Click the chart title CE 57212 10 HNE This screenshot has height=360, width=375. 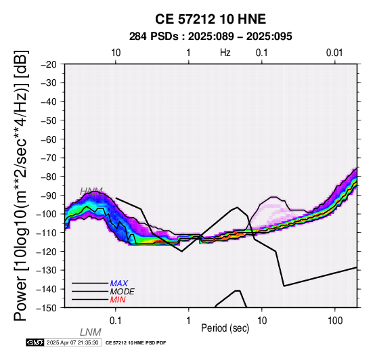211,19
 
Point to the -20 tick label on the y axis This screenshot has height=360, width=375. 49,64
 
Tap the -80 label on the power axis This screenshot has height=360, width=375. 49,177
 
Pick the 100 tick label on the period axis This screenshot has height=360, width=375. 335,321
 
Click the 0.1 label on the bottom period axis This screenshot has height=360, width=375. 116,321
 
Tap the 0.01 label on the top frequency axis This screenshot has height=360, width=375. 334,53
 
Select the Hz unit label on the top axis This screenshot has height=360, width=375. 225,53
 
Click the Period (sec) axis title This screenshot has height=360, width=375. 225,328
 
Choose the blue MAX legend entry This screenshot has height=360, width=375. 119,284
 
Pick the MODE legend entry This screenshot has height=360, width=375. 123,292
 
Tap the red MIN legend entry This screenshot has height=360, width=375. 118,300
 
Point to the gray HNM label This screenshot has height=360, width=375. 91,191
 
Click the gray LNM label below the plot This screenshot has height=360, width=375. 91,332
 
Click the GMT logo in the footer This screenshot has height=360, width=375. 35,342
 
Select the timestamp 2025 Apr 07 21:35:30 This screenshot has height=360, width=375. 72,342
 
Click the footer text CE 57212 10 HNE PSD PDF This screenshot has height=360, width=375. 135,343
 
